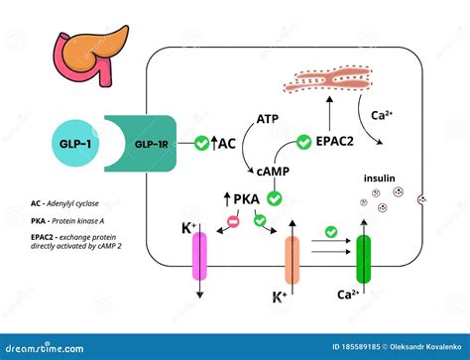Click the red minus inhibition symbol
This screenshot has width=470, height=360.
coord(234,219)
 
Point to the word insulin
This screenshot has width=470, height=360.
coord(382,179)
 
